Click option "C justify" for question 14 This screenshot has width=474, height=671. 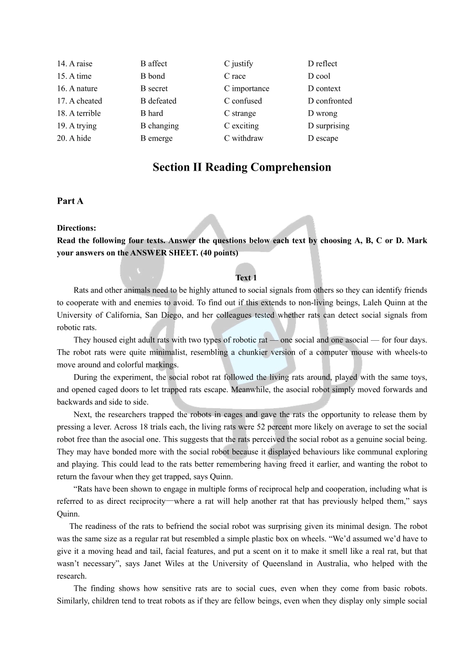click(x=238, y=64)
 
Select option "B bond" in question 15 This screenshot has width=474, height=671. click(x=153, y=76)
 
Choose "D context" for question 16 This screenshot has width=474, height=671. click(x=324, y=89)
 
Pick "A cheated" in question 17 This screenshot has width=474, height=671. click(x=80, y=101)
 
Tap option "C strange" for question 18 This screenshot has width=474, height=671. click(x=240, y=113)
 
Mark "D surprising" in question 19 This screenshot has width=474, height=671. click(x=329, y=126)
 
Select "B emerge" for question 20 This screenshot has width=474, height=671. click(x=157, y=138)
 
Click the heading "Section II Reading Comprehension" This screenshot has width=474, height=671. click(x=242, y=167)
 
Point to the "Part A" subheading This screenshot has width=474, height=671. click(x=70, y=201)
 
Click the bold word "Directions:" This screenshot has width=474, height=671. click(x=76, y=228)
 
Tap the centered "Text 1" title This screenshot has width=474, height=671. click(x=246, y=278)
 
